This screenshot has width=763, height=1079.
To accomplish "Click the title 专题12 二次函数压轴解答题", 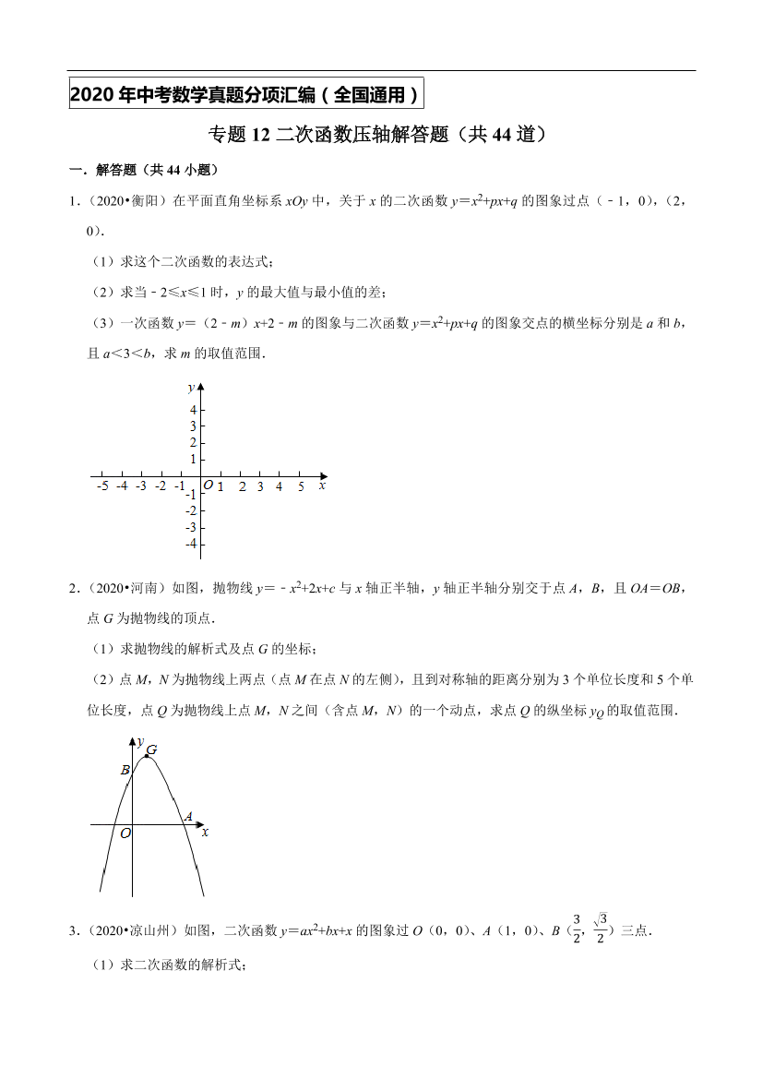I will (380, 136).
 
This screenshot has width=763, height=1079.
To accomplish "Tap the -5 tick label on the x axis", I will (101, 486).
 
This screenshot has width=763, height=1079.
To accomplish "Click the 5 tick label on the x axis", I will (301, 486).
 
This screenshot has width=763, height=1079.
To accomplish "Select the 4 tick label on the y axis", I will (193, 410).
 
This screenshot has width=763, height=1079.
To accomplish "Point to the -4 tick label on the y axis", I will (191, 545).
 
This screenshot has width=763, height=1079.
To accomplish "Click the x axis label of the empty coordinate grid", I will (322, 485).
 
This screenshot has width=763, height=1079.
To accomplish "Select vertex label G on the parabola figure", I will (151, 750).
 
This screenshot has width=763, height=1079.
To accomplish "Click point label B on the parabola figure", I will (125, 770).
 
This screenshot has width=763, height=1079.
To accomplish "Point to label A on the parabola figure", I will (188, 816).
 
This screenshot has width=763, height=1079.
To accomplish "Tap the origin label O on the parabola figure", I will (125, 833).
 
